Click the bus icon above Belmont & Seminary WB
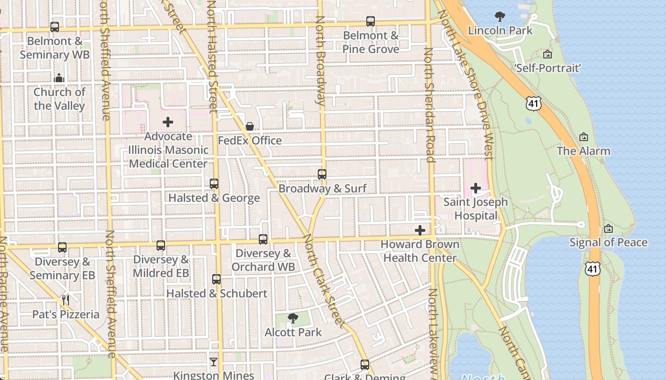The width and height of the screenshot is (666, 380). (x=55, y=27)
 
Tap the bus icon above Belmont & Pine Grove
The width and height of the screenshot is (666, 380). (x=371, y=21)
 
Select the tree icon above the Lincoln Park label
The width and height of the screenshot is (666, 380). (x=499, y=17)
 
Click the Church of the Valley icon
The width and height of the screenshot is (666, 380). (x=59, y=78)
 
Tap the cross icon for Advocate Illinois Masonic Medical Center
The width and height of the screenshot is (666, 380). (x=168, y=122)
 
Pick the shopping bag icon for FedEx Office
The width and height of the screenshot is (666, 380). (x=249, y=126)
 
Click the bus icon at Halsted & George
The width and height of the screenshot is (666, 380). (x=214, y=184)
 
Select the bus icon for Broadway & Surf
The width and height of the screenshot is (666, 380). (x=322, y=174)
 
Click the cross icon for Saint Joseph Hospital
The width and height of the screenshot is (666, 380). (x=475, y=188)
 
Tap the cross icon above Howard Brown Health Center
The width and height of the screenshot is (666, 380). (x=420, y=230)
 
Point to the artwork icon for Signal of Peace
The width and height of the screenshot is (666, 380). (x=608, y=228)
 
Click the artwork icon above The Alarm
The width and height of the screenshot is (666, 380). (x=584, y=137)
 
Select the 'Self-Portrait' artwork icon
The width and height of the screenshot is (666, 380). (x=548, y=54)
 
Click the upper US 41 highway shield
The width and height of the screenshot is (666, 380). (x=534, y=103)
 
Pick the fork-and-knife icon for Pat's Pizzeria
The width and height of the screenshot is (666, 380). (x=66, y=300)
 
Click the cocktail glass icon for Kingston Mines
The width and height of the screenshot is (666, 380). (x=214, y=362)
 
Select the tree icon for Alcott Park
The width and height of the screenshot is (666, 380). (x=293, y=318)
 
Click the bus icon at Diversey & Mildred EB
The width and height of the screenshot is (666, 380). (x=161, y=246)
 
